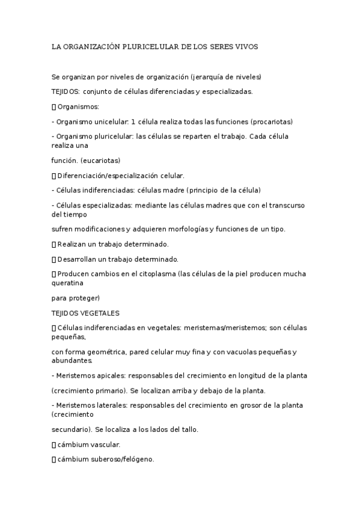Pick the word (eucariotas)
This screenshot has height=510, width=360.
(x=100, y=161)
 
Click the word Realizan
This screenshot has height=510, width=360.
(x=72, y=244)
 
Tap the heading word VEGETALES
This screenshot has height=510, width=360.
(x=101, y=313)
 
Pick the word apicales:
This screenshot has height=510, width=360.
(x=109, y=375)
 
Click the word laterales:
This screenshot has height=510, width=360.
(x=110, y=405)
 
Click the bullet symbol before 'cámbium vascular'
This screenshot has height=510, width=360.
(x=53, y=444)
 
